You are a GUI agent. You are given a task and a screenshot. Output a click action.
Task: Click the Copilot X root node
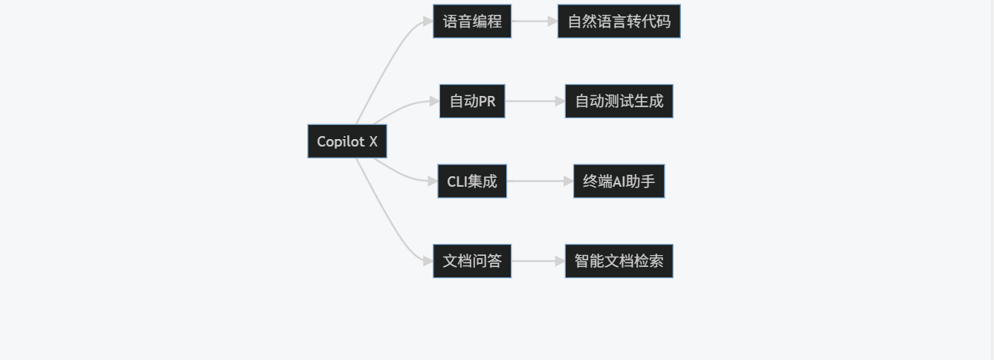point(347,141)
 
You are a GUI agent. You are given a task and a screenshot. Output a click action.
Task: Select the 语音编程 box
point(472,22)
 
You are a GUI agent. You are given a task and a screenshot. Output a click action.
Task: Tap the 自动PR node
point(472,101)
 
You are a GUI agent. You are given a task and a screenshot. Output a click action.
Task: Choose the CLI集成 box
point(472,181)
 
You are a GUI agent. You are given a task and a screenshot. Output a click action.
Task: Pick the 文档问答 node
point(472,261)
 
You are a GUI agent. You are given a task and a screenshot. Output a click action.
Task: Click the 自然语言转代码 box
point(619,22)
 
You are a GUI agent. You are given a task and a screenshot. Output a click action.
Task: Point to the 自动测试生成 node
point(619,101)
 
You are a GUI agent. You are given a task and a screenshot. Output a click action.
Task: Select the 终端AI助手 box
point(619,181)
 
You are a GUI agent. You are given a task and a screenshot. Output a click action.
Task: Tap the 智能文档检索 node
point(619,261)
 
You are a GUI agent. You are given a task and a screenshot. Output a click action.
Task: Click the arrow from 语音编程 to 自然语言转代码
point(534,22)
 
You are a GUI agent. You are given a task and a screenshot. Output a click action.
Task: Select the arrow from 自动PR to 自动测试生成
point(534,101)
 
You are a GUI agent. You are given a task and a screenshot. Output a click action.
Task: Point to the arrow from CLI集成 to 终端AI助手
point(539,181)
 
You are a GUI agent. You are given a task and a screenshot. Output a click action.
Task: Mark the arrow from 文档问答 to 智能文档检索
point(537,261)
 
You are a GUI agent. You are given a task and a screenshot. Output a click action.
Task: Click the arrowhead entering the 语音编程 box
point(428,22)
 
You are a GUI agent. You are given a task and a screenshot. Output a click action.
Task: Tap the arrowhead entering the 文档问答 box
point(428,261)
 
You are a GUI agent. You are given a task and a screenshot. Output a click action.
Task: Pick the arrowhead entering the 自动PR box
point(434,101)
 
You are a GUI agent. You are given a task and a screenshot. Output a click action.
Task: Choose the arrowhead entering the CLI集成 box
point(433,181)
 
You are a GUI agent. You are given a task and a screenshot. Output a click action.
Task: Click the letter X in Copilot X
point(373,141)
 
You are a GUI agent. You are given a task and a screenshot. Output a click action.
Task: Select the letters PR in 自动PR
point(487,101)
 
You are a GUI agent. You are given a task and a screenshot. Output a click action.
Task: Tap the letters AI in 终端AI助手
point(618,181)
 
